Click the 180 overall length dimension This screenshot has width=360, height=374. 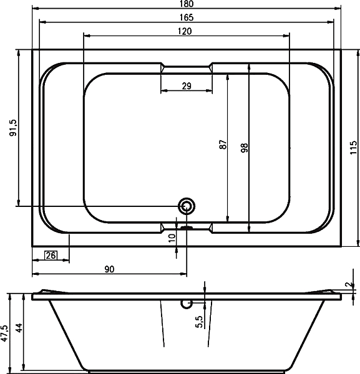click(x=187, y=4)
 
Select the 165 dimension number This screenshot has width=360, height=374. click(x=187, y=17)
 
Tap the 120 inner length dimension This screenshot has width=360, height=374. click(x=185, y=31)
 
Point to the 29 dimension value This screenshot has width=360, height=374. click(x=187, y=85)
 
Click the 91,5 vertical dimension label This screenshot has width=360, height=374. click(x=13, y=128)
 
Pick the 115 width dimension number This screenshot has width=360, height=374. click(x=354, y=147)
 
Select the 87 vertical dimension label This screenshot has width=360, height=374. click(x=223, y=145)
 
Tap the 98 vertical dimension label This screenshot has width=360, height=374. click(x=245, y=148)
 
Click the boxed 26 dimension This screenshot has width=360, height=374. click(x=51, y=256)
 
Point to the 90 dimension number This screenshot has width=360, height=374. click(x=109, y=269)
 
